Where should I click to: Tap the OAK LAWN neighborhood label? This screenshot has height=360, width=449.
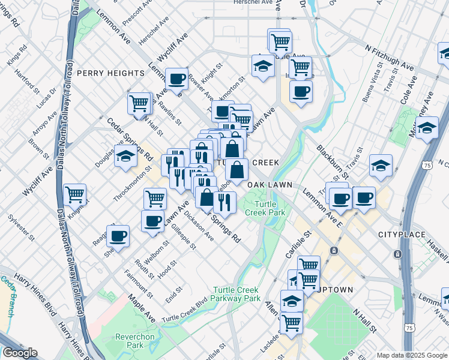270,185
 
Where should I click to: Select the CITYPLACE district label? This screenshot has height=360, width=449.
402,233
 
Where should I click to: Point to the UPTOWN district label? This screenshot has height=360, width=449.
334,290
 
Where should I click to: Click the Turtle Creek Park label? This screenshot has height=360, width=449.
265,209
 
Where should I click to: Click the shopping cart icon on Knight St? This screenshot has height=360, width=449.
75,194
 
